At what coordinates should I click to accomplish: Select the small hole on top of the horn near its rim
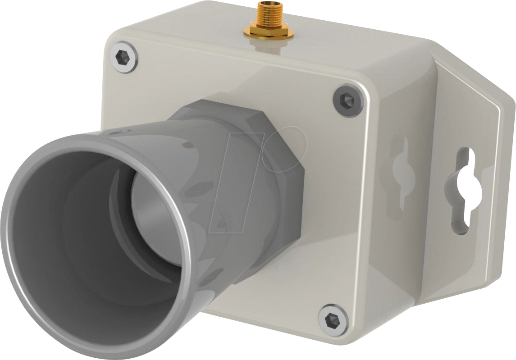tap(118, 132)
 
